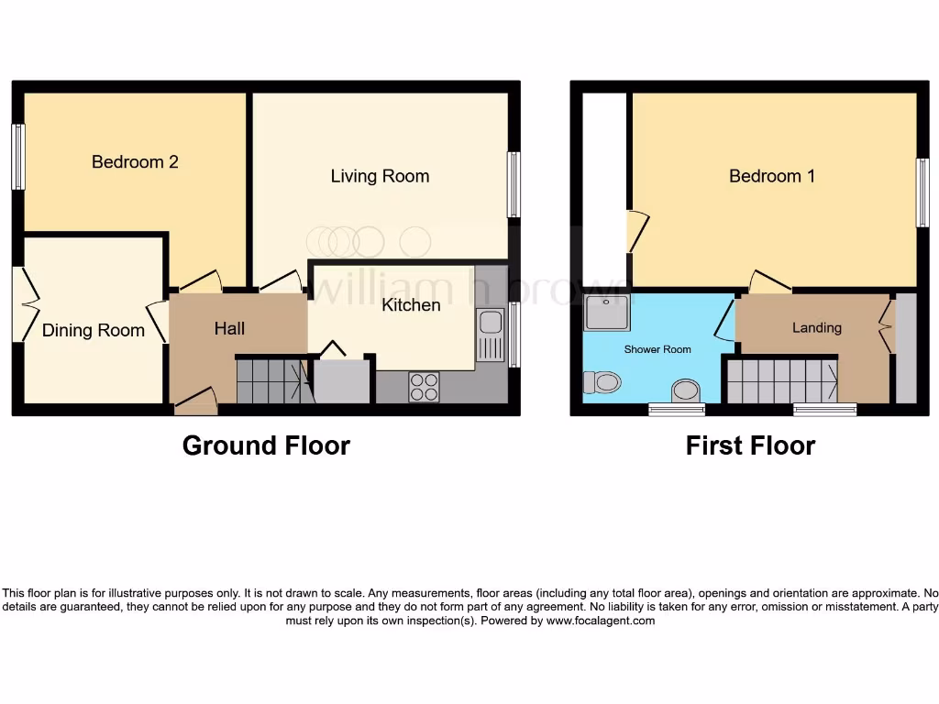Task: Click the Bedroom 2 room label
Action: (x=135, y=162)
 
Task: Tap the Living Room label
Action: (x=380, y=176)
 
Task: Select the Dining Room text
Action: (x=94, y=331)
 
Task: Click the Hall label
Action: (x=229, y=328)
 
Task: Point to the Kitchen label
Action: (x=411, y=304)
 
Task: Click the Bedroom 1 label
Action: (x=771, y=176)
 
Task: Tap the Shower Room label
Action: (x=657, y=349)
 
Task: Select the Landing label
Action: (x=816, y=327)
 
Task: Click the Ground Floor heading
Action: (x=266, y=445)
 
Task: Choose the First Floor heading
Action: (x=750, y=445)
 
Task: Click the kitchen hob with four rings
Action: (x=425, y=387)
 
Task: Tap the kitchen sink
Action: (x=490, y=324)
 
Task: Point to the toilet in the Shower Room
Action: (x=605, y=380)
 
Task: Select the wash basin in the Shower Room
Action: (x=683, y=390)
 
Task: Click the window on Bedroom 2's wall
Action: (x=17, y=157)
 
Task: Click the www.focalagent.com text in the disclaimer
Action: (x=601, y=621)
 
